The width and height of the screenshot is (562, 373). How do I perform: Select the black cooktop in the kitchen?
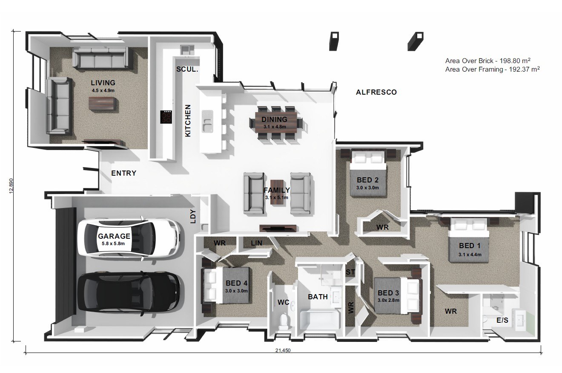(x=166, y=117)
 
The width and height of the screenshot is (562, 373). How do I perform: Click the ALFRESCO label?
(x=376, y=92)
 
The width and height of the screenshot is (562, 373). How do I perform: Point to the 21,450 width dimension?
(x=283, y=350)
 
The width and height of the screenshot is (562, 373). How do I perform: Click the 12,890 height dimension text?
(x=11, y=186)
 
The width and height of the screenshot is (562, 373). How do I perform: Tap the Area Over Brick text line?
(x=488, y=61)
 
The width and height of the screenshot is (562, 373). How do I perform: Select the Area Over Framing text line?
(x=493, y=69)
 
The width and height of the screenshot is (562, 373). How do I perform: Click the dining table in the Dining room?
(x=276, y=123)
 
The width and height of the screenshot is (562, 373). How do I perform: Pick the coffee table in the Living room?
(x=103, y=103)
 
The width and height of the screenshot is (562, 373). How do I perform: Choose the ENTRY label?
(x=124, y=173)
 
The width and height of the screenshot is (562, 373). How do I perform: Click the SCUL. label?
(x=187, y=69)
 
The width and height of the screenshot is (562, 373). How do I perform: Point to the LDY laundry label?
(x=193, y=216)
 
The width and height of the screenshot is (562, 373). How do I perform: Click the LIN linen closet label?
(x=256, y=243)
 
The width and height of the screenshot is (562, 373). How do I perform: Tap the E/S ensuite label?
(x=502, y=320)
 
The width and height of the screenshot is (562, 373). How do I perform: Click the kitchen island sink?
(x=207, y=121)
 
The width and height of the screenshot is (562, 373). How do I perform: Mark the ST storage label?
(x=350, y=272)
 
